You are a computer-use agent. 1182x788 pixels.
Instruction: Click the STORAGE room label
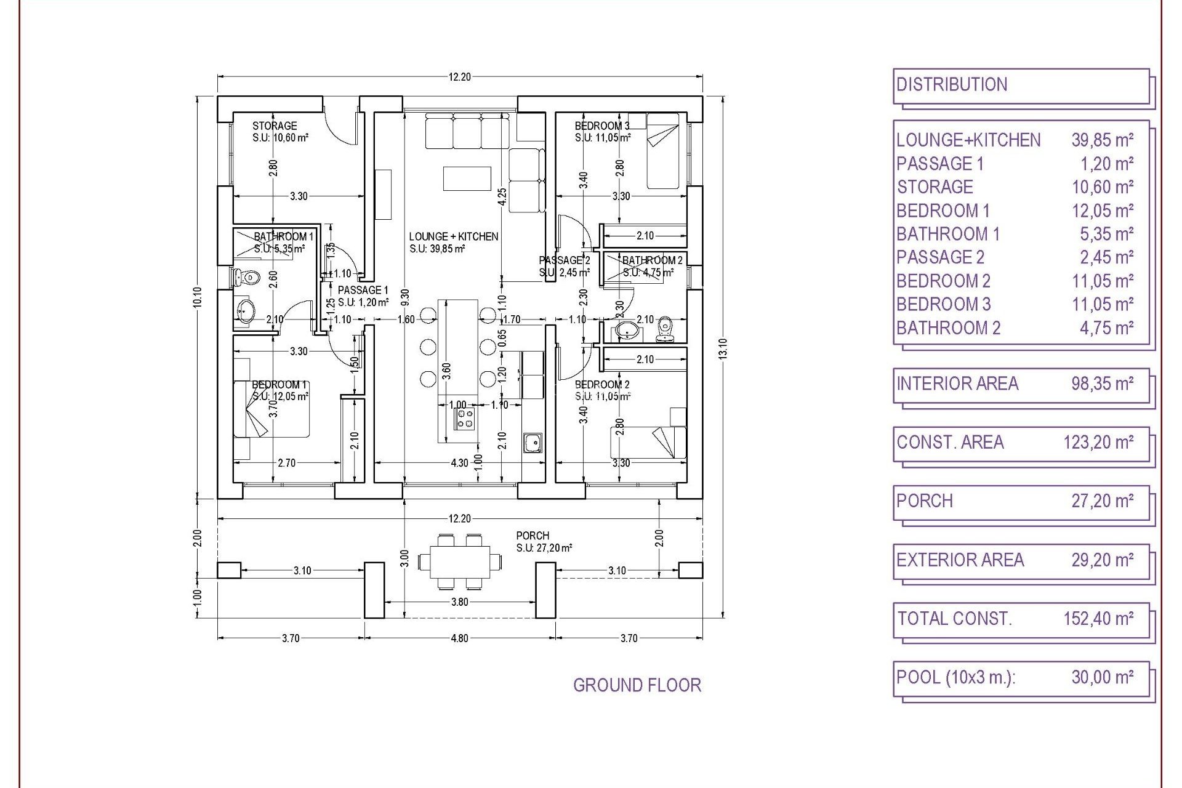[275, 126]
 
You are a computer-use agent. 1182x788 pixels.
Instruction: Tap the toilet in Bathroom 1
[247, 278]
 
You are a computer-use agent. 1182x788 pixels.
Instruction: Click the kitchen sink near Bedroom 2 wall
[533, 442]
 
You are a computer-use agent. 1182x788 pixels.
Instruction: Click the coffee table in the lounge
[467, 179]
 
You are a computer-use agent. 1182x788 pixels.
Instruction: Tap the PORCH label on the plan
[533, 536]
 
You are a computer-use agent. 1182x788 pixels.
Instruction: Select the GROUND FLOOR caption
[637, 685]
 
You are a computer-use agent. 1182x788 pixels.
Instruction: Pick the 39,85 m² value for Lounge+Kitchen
[1102, 140]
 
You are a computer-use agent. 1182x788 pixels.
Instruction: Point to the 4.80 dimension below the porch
[459, 638]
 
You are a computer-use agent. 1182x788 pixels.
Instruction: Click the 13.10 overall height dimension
[723, 348]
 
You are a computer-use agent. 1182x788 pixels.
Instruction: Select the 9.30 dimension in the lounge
[404, 297]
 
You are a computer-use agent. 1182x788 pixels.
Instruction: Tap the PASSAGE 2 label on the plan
[564, 260]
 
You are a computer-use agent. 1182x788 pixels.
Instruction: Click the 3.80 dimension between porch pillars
[459, 602]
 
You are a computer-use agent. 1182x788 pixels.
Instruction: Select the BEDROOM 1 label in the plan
[279, 385]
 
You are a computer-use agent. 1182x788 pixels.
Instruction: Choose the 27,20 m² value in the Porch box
[1102, 501]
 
